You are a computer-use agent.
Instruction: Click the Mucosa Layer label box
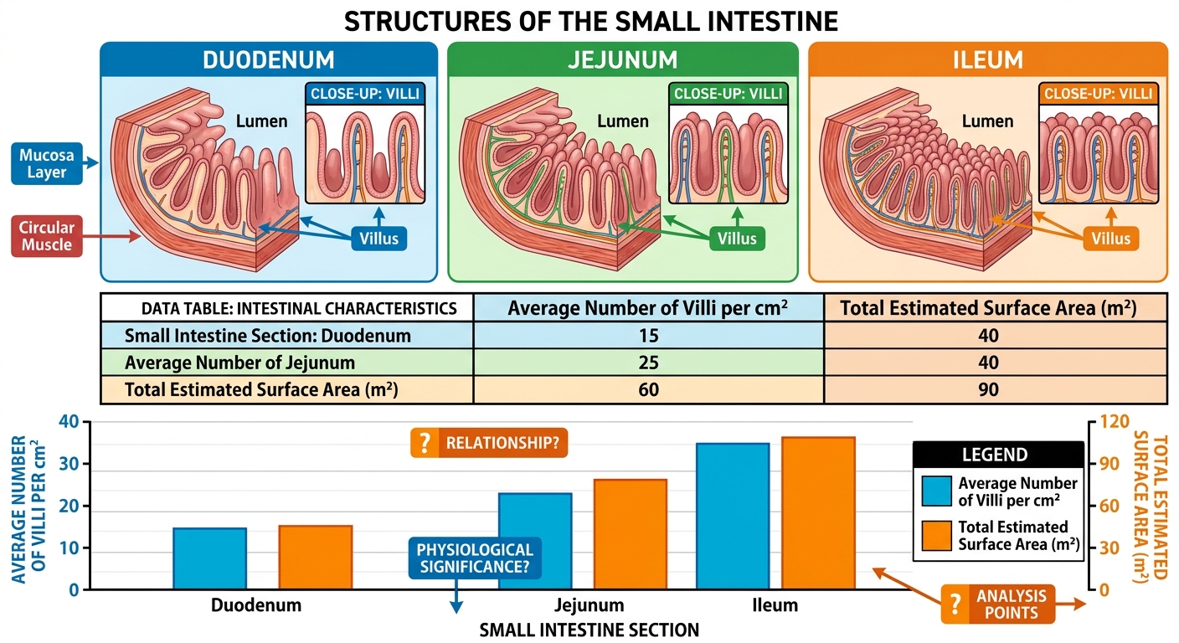click(47, 163)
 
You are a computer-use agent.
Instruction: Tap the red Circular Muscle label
click(47, 236)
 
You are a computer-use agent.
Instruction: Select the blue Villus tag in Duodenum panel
click(379, 239)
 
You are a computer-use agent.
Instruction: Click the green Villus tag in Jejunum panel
click(737, 239)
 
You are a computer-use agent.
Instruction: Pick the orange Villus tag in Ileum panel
click(1110, 239)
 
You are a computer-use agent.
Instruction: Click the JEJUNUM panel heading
click(623, 60)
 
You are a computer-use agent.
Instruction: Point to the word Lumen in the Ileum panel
click(987, 121)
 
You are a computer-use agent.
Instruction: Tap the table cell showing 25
click(648, 363)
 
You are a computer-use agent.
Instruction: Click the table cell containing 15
click(648, 336)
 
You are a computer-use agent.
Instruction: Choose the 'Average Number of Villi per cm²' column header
click(648, 308)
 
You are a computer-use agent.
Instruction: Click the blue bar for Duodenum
click(209, 558)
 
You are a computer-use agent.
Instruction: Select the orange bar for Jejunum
click(630, 533)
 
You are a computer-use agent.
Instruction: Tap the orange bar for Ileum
click(818, 512)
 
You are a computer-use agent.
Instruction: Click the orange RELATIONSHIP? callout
click(489, 443)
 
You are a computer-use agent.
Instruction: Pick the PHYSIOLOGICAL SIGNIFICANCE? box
click(475, 558)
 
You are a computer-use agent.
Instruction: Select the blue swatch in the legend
click(936, 491)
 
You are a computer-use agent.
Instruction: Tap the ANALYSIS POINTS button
click(998, 604)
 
